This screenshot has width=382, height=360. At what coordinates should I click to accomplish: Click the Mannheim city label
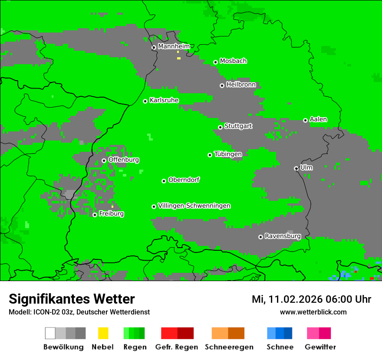(x=174, y=46)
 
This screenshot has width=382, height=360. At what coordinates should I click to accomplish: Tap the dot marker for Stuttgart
(x=221, y=127)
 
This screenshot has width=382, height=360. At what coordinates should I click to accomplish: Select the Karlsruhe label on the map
(x=164, y=100)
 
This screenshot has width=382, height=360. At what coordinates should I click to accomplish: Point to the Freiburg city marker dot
(x=95, y=215)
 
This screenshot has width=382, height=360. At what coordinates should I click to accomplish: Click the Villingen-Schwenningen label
(x=194, y=206)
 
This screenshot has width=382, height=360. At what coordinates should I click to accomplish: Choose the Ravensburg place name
(x=283, y=236)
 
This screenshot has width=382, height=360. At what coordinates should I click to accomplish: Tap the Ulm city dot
(x=296, y=168)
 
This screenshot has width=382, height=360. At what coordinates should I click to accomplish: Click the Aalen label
(x=318, y=119)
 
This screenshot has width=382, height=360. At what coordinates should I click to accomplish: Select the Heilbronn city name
(x=241, y=85)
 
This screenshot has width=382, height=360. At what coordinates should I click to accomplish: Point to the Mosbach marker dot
(x=215, y=62)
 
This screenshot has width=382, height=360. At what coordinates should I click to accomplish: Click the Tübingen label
(x=228, y=154)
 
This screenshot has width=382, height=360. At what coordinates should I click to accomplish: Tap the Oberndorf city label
(x=184, y=180)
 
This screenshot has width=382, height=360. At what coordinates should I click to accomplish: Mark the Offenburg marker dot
(x=104, y=160)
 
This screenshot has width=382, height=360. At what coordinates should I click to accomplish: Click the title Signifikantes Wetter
(x=72, y=299)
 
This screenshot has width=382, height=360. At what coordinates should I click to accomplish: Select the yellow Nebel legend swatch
(x=103, y=333)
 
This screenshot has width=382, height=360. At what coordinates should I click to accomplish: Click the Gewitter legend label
(x=320, y=347)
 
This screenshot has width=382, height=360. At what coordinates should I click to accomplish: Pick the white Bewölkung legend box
(x=50, y=333)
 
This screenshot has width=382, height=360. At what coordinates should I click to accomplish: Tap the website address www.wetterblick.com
(x=313, y=312)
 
